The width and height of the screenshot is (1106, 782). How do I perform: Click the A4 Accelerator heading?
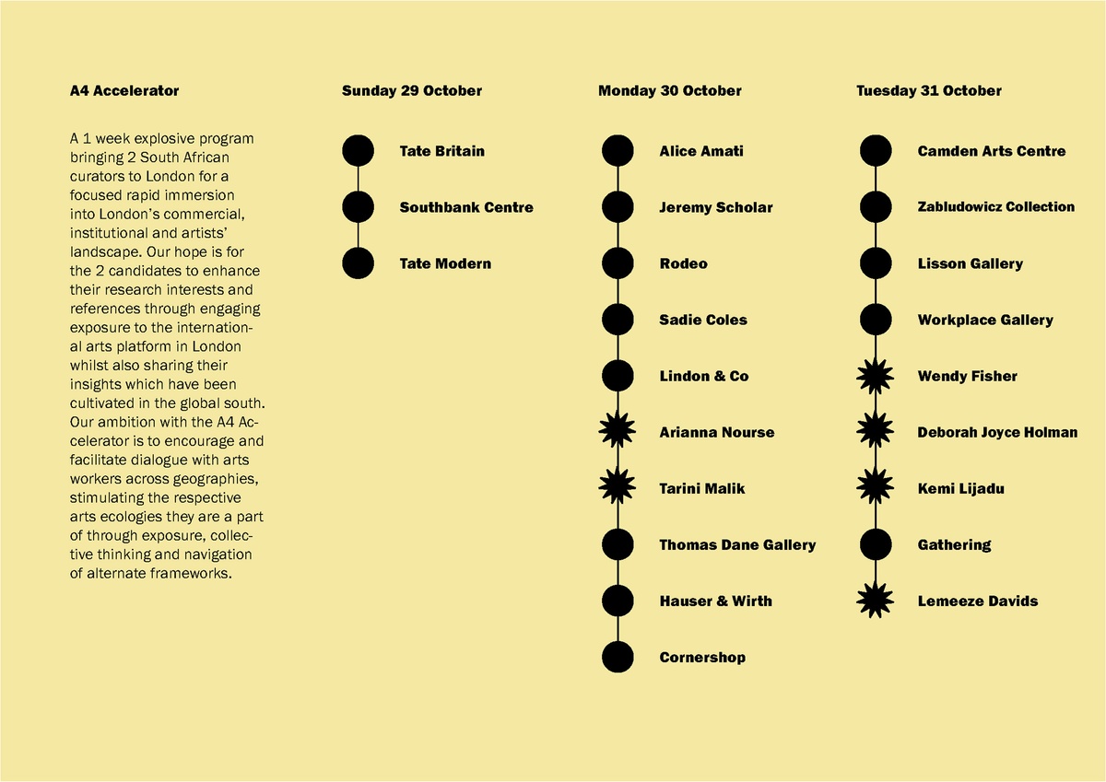124,91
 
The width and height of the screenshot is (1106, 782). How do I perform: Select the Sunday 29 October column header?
411,91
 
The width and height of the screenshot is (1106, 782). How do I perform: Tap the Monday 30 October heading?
669,91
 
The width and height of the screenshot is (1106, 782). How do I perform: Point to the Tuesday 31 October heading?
928,91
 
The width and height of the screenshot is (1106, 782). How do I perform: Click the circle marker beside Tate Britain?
358,151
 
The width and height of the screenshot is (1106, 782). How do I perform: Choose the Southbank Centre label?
465,207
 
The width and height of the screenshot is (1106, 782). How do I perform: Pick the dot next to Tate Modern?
358,263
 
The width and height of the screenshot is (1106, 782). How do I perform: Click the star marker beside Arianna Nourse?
618,432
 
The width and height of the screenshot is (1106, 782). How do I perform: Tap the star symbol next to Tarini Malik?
618,488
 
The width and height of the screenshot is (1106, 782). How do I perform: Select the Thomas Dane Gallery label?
737,544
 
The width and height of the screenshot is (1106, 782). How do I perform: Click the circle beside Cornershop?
618,657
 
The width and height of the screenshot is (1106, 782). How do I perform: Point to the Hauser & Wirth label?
715,601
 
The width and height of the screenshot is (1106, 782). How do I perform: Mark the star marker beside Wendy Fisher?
876,376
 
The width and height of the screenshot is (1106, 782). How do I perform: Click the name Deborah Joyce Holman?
997,432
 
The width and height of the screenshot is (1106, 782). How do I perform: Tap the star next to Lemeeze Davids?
876,601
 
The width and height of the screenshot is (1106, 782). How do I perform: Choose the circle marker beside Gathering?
876,544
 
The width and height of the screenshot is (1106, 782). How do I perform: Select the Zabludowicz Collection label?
995,207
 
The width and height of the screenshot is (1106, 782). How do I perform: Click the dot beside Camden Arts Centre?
876,151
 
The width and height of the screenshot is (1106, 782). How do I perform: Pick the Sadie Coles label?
703,320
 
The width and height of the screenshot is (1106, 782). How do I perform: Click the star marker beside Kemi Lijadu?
876,488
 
